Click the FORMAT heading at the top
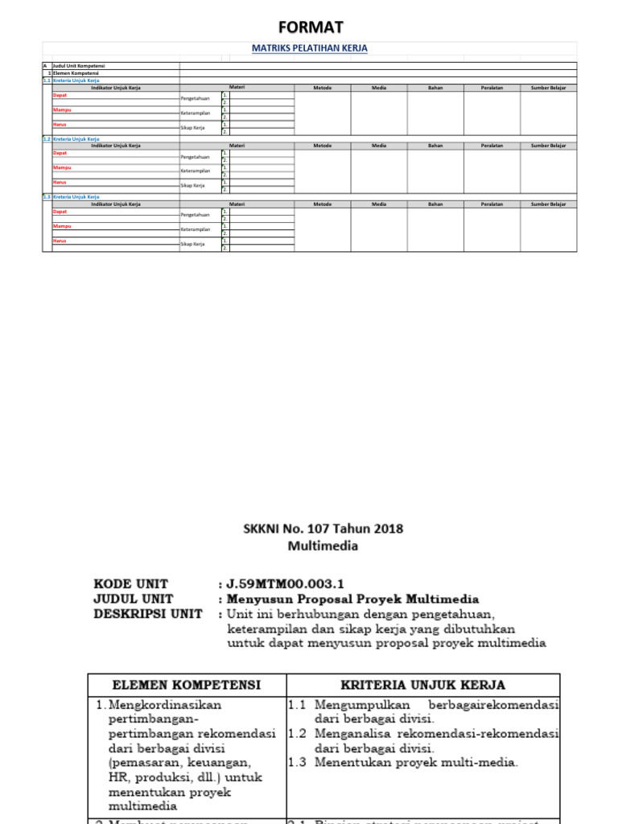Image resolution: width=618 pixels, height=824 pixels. click(310, 28)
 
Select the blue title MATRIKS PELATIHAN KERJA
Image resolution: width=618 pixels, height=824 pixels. click(310, 48)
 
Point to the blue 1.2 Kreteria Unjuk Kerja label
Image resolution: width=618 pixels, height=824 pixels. click(76, 138)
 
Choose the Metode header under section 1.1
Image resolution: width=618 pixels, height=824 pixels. click(322, 88)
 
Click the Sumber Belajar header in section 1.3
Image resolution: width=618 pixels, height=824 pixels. click(548, 204)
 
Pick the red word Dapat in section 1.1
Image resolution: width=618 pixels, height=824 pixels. click(60, 95)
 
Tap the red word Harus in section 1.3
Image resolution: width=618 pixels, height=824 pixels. click(60, 241)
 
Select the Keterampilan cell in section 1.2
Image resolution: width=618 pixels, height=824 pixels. click(196, 171)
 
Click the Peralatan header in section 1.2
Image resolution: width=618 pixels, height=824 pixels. click(492, 146)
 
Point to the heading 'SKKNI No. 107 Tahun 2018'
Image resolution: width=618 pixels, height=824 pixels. click(323, 529)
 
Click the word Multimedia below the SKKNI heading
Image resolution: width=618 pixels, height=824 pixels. click(323, 546)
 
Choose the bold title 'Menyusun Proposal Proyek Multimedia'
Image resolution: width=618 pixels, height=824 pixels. click(353, 599)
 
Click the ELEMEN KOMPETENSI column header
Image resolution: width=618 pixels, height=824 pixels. click(186, 685)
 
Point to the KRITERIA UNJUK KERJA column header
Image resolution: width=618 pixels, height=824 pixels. click(422, 685)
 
